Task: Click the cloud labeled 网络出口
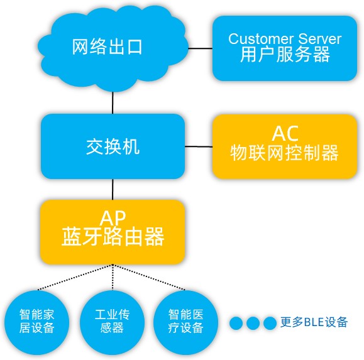(x=113, y=48)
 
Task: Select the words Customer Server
(x=285, y=39)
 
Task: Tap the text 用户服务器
(x=285, y=54)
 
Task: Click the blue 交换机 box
(x=113, y=146)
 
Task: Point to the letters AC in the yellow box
(x=285, y=133)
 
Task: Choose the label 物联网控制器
(x=284, y=153)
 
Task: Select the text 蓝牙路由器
(x=113, y=237)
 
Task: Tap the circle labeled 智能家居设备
(x=36, y=322)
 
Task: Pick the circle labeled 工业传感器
(x=113, y=322)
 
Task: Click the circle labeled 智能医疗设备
(x=185, y=322)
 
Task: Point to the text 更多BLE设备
(x=314, y=322)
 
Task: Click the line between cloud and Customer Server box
(x=201, y=48)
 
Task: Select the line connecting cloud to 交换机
(x=113, y=103)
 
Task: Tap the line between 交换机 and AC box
(x=199, y=146)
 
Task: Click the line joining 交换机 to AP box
(x=113, y=189)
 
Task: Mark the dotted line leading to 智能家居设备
(x=75, y=277)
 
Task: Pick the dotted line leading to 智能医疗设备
(x=149, y=277)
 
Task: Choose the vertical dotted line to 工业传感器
(x=113, y=277)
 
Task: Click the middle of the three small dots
(x=253, y=323)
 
